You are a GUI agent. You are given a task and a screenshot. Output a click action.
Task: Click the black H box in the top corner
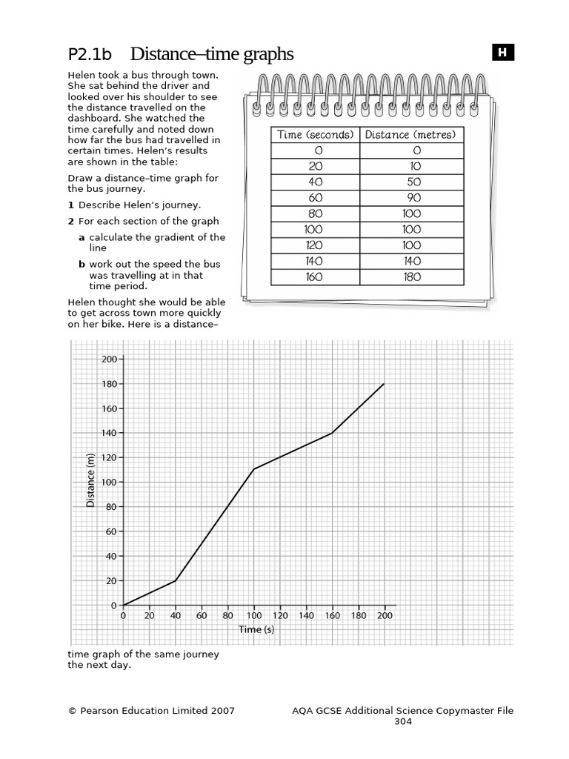coord(502,52)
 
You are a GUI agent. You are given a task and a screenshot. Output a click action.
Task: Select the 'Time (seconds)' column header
coord(315,134)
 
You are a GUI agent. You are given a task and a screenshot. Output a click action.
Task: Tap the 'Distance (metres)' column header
coord(413,134)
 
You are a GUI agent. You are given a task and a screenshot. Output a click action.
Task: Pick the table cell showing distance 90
coord(413,197)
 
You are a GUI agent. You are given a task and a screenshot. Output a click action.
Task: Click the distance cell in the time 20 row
coord(413,166)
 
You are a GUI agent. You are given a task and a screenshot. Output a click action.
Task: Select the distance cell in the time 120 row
coord(413,245)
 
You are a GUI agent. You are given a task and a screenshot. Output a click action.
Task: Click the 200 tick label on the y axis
coord(110,359)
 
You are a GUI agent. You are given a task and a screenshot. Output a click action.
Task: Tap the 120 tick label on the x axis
coord(280,616)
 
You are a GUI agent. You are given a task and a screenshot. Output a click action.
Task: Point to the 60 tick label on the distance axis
coord(112,531)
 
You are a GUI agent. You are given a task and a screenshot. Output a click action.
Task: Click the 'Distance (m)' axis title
coord(91,480)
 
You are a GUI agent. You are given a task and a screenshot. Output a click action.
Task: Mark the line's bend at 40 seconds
coord(176,581)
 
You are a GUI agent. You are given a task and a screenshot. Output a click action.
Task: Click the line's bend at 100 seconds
coord(254,469)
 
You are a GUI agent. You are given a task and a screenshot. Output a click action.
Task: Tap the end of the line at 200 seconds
coord(384,384)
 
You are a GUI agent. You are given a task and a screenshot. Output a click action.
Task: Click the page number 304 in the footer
coord(402,721)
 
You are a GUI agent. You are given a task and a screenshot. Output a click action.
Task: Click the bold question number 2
coord(71,221)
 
